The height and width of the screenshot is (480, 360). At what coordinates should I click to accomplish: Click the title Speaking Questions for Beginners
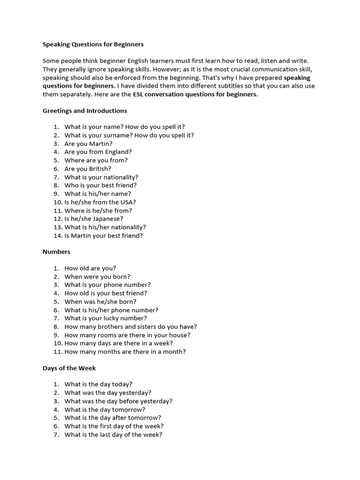[x=93, y=45]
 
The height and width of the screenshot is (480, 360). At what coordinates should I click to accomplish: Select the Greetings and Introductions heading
[x=84, y=111]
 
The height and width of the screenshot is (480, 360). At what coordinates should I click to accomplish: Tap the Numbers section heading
[x=56, y=252]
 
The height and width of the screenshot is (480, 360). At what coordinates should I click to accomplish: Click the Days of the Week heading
[x=69, y=368]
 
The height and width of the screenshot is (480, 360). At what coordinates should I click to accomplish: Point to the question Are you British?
[x=88, y=169]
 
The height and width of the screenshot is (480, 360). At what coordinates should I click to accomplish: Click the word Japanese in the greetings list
[x=108, y=219]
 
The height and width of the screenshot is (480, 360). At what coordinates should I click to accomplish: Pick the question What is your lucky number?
[x=105, y=318]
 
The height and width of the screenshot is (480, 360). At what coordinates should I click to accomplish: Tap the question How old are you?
[x=90, y=269]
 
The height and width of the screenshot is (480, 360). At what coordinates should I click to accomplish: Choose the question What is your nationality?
[x=101, y=177]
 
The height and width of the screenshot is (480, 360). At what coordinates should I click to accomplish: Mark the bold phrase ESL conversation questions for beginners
[x=195, y=94]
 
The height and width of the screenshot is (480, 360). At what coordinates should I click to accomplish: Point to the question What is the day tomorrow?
[x=105, y=409]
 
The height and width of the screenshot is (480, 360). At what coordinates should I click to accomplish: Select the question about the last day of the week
[x=113, y=435]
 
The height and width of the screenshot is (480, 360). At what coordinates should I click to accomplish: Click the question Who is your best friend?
[x=100, y=185]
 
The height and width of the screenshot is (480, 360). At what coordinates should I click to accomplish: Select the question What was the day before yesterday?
[x=118, y=401]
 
